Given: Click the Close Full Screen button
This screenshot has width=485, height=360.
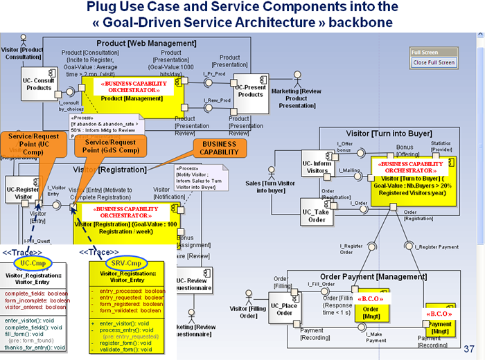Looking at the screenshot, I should pos(434,62).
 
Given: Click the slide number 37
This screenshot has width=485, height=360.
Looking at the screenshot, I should pos(470,348).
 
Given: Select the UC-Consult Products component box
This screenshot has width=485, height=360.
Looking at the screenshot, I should pos(39,84).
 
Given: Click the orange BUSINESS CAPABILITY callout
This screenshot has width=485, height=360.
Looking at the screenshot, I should pos(219,147).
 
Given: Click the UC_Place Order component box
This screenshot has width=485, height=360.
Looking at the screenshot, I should pos(285,307).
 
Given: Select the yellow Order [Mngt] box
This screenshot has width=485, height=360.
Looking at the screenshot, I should pos(371,307).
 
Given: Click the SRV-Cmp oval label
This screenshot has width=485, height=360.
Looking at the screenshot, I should pos(125,264).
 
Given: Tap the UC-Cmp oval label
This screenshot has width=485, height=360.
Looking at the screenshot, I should pos(33,264).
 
